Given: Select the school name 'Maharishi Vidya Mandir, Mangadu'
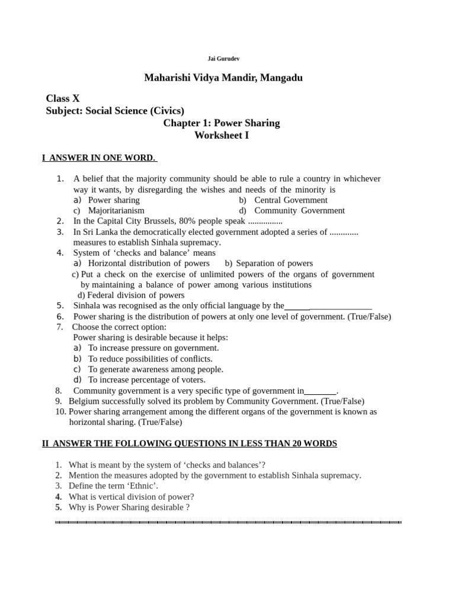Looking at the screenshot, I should point(223,78).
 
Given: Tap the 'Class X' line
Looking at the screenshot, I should point(62,98).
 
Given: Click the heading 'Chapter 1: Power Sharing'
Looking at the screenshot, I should point(222,123).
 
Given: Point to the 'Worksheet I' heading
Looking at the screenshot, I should point(222,136).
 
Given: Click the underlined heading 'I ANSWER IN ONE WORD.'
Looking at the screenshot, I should point(99,158).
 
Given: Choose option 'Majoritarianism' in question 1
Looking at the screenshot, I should point(116,210).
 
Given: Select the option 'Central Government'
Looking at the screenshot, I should point(290,200).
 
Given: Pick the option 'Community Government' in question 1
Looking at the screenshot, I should point(299,210).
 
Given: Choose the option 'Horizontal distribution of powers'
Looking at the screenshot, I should point(149,263).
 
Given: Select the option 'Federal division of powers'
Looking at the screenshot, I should point(136,295).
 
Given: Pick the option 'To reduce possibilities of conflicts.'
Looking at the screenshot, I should point(150,359).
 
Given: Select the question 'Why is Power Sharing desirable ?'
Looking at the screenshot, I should point(129,507).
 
